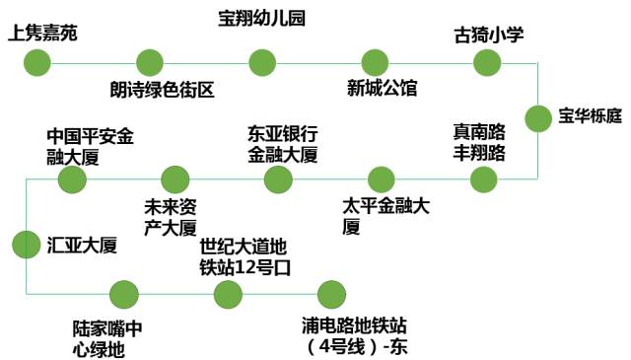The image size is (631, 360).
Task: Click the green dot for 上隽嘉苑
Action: pyautogui.click(x=36, y=63)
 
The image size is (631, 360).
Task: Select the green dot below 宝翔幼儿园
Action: pyautogui.click(x=261, y=63)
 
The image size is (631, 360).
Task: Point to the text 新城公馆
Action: pyautogui.click(x=383, y=90)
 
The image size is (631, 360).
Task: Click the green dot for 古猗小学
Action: pyautogui.click(x=488, y=63)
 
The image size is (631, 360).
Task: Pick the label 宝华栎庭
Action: pyautogui.click(x=590, y=116)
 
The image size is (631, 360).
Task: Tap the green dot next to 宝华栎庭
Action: pyautogui.click(x=538, y=118)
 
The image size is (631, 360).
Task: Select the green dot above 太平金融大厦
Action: pyautogui.click(x=381, y=179)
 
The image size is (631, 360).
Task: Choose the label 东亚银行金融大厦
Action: pyautogui.click(x=283, y=144)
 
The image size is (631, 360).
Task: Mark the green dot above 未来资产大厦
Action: pyautogui.click(x=175, y=179)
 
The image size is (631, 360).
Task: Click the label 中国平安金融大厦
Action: pyautogui.click(x=90, y=144)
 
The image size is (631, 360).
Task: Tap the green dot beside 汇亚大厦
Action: pyautogui.click(x=26, y=244)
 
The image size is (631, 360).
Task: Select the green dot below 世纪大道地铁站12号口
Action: pyautogui.click(x=228, y=294)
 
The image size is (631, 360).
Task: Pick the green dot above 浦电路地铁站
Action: pyautogui.click(x=330, y=294)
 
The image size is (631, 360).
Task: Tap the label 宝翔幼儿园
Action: pyautogui.click(x=260, y=18)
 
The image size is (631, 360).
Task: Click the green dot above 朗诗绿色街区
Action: pyautogui.click(x=150, y=63)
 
